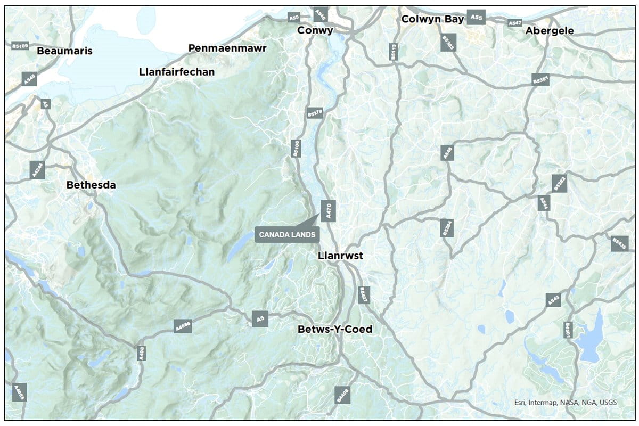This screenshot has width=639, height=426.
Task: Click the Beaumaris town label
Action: tap(64, 51)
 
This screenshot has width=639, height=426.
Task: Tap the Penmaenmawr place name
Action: tap(227, 48)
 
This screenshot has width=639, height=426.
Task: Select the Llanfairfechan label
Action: tap(176, 71)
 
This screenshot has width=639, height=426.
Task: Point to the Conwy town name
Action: tap(315, 30)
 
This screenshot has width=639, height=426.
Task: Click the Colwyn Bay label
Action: tap(433, 19)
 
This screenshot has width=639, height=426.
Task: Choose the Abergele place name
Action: tap(550, 31)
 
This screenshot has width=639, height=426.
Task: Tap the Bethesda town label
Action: tap(91, 185)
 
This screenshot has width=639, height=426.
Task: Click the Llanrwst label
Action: tap(340, 256)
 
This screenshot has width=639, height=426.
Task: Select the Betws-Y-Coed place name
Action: tap(334, 329)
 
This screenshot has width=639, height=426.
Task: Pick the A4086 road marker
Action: tap(182, 326)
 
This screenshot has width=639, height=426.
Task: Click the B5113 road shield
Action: tap(394, 52)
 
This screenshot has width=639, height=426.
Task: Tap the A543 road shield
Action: tap(554, 300)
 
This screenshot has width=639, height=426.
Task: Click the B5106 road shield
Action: tap(297, 149)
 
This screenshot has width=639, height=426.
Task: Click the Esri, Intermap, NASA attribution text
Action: tap(565, 403)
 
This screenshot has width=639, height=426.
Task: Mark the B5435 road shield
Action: tap(620, 243)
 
